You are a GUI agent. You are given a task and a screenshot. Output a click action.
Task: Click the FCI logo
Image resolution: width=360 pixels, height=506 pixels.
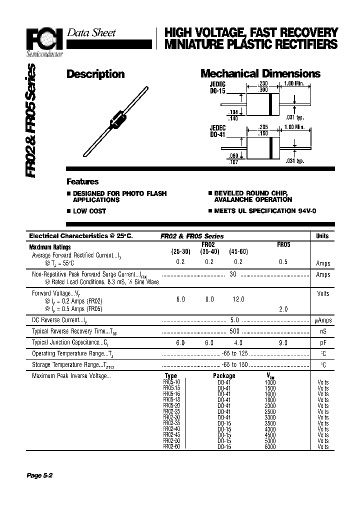(43, 38)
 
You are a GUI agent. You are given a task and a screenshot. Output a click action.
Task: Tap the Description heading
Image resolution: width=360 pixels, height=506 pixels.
(95, 74)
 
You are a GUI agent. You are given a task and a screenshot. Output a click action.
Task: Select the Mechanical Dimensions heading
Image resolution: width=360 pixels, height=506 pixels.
(260, 74)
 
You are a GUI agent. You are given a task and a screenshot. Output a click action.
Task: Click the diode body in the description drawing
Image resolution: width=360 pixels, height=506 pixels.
(116, 119)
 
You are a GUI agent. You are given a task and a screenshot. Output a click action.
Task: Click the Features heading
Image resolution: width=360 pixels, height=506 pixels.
(82, 182)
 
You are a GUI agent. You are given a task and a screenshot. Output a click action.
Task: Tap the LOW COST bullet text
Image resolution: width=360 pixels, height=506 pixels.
(89, 211)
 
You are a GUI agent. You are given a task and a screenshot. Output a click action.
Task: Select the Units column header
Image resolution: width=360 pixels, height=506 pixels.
(322, 236)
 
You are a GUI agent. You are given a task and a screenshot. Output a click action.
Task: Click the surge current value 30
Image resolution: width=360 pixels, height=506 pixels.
(232, 274)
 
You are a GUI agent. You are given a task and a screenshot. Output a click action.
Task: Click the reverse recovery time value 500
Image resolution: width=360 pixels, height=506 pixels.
(233, 331)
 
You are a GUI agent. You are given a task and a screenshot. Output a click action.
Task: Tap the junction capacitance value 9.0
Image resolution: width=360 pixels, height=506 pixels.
(283, 343)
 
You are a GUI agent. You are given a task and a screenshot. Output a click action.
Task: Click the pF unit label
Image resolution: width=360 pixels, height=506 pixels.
(323, 343)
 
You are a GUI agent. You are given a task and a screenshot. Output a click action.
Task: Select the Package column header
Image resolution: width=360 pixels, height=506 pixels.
(223, 376)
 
